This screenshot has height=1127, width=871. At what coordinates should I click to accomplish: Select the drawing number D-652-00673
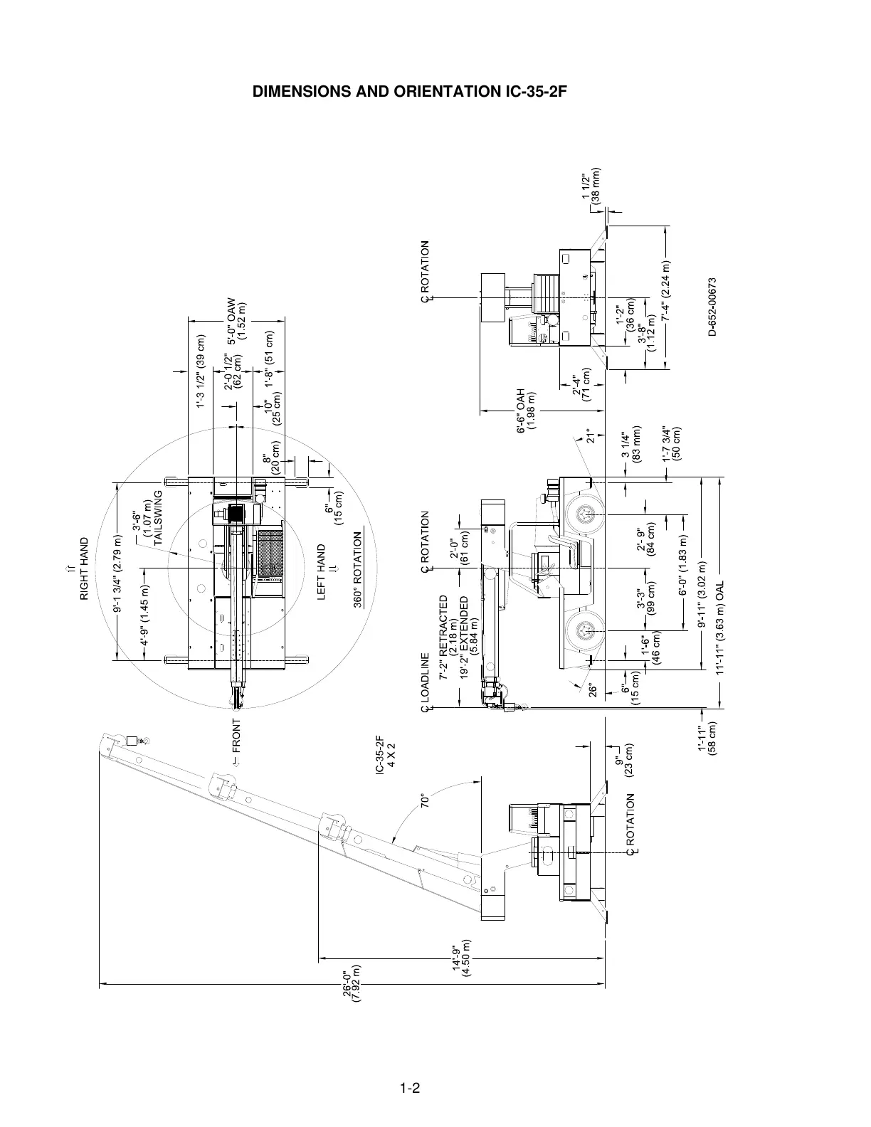tap(712, 307)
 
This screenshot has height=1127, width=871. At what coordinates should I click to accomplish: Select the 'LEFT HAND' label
tap(322, 561)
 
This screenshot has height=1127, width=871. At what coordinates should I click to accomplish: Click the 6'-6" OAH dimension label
tap(526, 411)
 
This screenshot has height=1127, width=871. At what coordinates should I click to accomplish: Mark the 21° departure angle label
tap(589, 435)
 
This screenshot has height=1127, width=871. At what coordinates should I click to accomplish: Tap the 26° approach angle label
tap(591, 691)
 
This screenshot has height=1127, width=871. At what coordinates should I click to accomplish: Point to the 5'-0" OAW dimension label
tap(236, 320)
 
